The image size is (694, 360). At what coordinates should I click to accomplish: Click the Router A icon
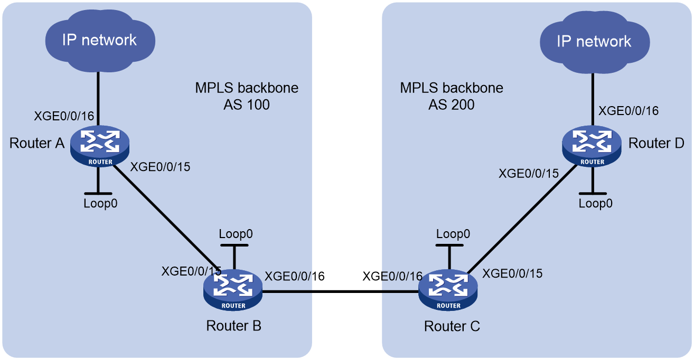click(x=99, y=146)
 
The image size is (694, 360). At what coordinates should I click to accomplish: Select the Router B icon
click(x=233, y=290)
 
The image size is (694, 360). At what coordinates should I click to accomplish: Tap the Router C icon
click(x=448, y=290)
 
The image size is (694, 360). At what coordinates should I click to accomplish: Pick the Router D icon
click(x=592, y=146)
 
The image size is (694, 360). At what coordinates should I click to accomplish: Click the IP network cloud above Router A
click(x=100, y=40)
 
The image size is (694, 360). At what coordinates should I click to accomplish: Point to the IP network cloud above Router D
click(x=595, y=42)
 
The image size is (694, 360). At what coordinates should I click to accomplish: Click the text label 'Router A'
click(x=37, y=144)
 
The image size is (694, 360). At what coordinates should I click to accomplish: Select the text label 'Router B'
click(x=233, y=326)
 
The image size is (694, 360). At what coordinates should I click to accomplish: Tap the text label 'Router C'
click(x=452, y=326)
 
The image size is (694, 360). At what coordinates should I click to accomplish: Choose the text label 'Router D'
click(x=656, y=144)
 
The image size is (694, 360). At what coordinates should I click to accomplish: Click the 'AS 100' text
click(x=247, y=105)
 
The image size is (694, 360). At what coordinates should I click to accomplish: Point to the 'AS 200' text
click(x=452, y=105)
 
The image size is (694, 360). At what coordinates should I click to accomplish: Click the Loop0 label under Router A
click(x=100, y=203)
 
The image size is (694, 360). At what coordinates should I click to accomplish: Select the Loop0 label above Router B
click(x=236, y=234)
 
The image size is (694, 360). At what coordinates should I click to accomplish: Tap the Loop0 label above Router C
click(x=453, y=234)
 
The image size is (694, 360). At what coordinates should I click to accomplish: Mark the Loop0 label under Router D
click(x=595, y=203)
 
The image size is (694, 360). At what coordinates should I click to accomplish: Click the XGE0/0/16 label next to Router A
click(x=64, y=116)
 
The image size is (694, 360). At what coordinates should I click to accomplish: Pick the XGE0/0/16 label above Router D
click(x=629, y=111)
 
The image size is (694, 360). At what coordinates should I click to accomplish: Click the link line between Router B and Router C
click(x=341, y=291)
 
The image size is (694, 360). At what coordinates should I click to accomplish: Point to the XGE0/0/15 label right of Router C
click(x=512, y=273)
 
